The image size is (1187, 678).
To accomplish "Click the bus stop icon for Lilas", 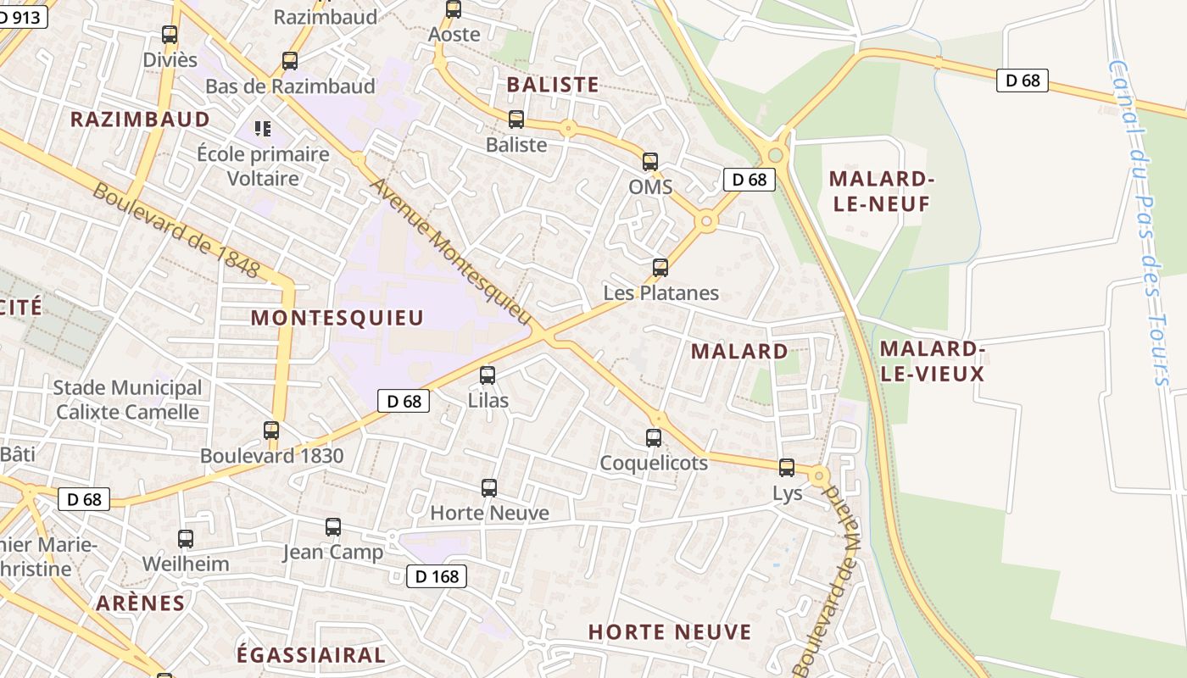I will (x=488, y=375).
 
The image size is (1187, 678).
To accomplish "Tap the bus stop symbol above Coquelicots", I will (x=654, y=437).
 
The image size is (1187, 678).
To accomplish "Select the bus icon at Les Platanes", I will (x=660, y=268).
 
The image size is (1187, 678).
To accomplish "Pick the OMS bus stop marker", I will (x=650, y=161).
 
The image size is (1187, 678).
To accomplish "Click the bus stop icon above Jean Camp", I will (x=333, y=527).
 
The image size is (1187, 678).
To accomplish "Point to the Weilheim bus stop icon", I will (x=186, y=538).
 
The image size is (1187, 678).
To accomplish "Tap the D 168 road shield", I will (x=437, y=577).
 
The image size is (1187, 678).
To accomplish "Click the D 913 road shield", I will (x=21, y=15).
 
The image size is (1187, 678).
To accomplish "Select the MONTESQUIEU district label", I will (x=337, y=318).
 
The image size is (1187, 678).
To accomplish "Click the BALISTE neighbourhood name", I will (x=553, y=85).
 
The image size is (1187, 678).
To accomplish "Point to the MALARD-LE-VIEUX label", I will (x=932, y=361).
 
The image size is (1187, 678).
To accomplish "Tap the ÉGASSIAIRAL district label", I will (x=310, y=655).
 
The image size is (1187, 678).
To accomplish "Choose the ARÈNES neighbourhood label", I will (x=141, y=603).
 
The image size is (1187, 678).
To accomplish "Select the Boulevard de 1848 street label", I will (x=176, y=230).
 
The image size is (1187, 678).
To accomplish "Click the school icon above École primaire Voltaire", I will (x=263, y=129).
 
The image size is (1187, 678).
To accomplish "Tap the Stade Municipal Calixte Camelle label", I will (x=127, y=400).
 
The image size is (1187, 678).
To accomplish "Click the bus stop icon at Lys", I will (x=787, y=467).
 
